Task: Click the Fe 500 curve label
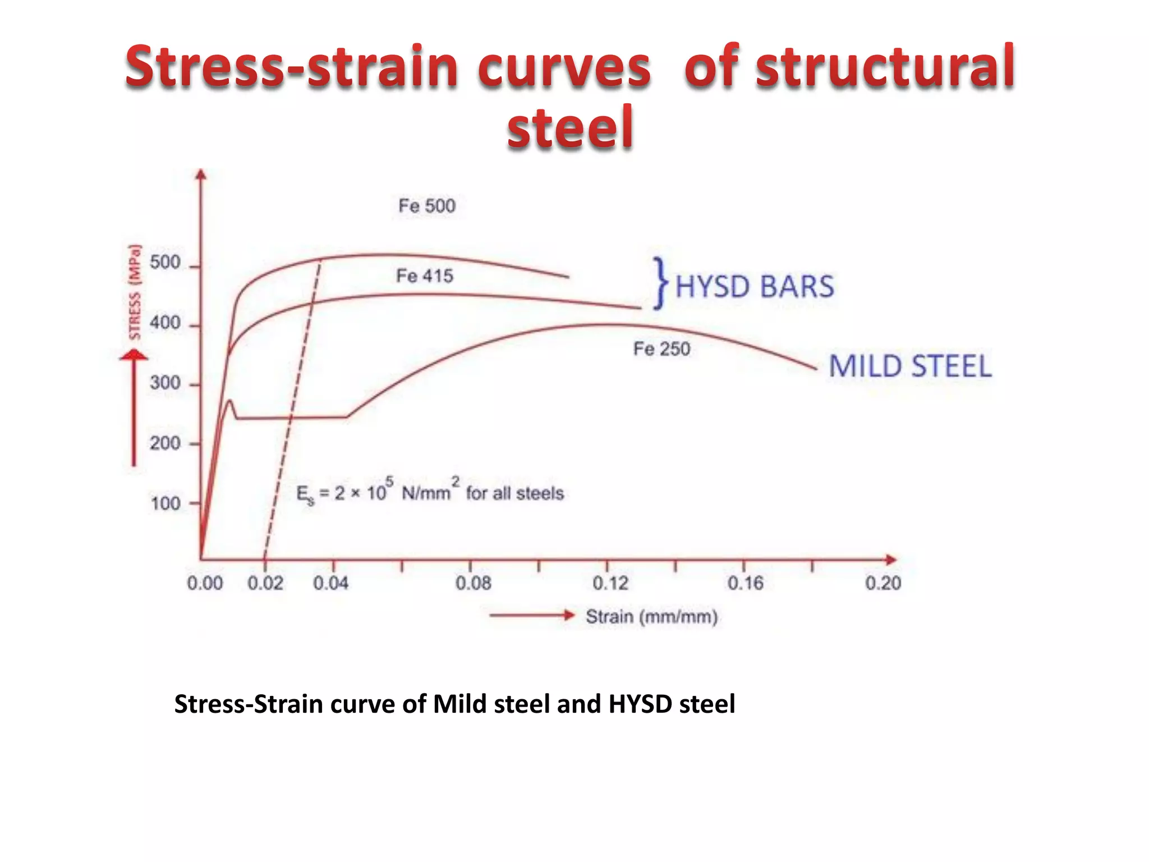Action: coord(426,206)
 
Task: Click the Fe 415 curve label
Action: coord(424,276)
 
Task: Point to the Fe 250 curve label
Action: coord(661,349)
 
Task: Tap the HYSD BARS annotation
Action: coord(755,286)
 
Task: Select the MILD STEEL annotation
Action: coord(910,366)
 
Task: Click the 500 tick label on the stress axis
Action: coord(165,263)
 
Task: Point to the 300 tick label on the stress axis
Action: coord(165,383)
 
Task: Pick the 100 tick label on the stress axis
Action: coord(165,503)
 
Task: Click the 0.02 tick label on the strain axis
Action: coord(265,584)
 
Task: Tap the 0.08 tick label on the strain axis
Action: coord(473,584)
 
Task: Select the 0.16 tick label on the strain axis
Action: coord(745,584)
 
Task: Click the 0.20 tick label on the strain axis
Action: coord(883,584)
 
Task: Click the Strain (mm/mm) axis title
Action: coord(651,617)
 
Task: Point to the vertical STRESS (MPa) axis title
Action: coord(134,292)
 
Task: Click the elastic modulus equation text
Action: coord(429,493)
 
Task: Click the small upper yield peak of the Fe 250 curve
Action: coord(229,401)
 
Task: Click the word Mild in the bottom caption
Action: coord(459,704)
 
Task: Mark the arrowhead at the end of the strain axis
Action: coord(891,560)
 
